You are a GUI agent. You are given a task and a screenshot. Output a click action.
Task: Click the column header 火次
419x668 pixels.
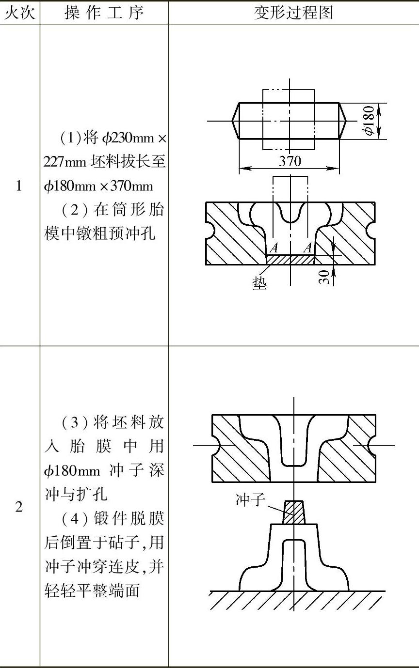point(19,13)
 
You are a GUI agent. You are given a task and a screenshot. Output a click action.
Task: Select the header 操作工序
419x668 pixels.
point(104,13)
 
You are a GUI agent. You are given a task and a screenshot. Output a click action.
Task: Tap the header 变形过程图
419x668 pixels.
point(293,13)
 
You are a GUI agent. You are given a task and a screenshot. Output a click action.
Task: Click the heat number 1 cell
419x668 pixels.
point(19,186)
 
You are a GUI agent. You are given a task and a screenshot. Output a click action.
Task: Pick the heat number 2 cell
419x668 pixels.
point(19,507)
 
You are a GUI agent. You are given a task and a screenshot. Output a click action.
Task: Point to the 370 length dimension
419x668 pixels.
point(290,161)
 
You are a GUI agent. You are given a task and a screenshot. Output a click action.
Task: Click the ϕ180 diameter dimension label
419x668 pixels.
point(370,121)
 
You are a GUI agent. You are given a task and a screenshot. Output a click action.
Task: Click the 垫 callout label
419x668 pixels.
point(259,283)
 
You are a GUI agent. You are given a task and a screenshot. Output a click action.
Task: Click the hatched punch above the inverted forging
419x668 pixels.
point(294,513)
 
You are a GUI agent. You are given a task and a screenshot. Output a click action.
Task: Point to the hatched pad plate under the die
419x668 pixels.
point(290,260)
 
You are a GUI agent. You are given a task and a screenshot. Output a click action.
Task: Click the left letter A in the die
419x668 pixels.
point(274,249)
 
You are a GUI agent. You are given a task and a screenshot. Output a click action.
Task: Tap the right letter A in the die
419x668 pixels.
point(307,249)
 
